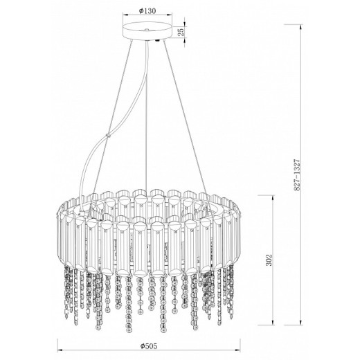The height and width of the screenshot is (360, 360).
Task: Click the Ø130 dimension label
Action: pyautogui.click(x=147, y=10)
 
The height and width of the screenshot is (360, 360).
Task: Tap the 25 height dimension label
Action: pyautogui.click(x=181, y=32)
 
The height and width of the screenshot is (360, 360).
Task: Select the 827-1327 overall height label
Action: pyautogui.click(x=297, y=174)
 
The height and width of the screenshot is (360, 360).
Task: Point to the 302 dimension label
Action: pyautogui.click(x=269, y=260)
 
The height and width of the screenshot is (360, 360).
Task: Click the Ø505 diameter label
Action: pyautogui.click(x=149, y=346)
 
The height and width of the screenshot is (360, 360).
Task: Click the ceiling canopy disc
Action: pyautogui.click(x=147, y=30)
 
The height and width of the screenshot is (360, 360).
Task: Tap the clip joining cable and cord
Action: pyautogui.click(x=107, y=135)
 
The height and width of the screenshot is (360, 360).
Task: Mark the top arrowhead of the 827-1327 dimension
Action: pyautogui.click(x=300, y=27)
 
